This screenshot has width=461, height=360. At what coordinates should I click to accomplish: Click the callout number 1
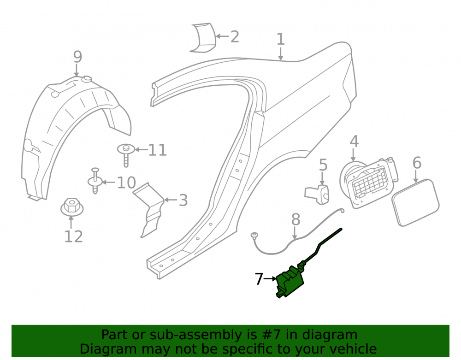281,39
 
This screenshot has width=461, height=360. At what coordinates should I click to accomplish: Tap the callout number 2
235,37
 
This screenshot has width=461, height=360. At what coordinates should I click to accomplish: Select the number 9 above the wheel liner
77,57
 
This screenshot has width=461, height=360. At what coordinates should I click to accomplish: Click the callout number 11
158,150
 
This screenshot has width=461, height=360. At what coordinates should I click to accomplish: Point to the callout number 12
73,236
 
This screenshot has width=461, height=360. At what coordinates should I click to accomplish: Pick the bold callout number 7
259,279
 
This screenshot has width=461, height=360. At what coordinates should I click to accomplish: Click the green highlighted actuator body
290,282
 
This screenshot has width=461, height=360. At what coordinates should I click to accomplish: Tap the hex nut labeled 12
72,207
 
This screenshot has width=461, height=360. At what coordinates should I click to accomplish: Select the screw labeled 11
126,155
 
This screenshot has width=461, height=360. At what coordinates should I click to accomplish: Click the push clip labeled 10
95,181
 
